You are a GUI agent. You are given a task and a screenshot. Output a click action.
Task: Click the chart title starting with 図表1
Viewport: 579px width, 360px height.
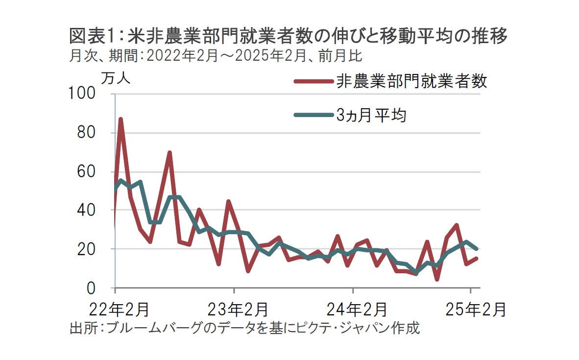[288, 36]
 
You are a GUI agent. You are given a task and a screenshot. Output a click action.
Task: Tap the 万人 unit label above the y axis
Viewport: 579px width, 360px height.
[116, 78]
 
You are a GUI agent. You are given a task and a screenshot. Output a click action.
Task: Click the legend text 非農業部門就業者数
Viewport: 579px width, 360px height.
[411, 81]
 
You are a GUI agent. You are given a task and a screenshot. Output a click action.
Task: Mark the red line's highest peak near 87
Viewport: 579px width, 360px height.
[121, 119]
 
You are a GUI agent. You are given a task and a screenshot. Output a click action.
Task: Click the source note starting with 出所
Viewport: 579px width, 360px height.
[245, 328]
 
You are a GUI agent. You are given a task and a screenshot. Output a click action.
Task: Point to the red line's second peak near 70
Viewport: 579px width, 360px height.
[169, 153]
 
